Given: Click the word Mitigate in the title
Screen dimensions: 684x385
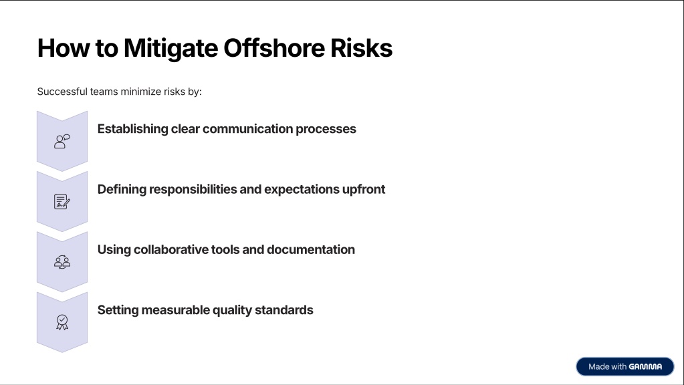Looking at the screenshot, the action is click(170, 49).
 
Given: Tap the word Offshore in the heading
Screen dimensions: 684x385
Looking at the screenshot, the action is click(274, 47).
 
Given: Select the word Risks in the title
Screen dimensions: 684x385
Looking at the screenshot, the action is click(361, 47).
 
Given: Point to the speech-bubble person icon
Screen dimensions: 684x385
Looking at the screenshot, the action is click(62, 141).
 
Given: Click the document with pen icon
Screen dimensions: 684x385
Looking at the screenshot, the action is click(62, 201).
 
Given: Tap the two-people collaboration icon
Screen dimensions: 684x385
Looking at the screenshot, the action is click(62, 261).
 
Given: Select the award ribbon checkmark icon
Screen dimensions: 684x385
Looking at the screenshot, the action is click(62, 322).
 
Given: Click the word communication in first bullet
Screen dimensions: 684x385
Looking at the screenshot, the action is click(248, 129).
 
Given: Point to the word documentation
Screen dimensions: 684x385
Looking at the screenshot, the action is click(311, 249).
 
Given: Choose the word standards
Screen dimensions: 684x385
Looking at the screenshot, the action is click(284, 310).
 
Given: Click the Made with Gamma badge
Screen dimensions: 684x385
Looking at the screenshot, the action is click(624, 367).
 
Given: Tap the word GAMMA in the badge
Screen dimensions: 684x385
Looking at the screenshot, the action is click(645, 367).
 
